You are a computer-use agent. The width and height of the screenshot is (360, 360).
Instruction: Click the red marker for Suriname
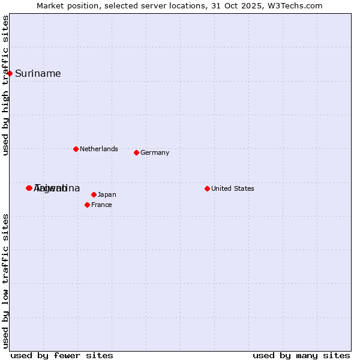tap(10, 73)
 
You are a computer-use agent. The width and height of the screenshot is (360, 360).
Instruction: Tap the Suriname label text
tap(38, 74)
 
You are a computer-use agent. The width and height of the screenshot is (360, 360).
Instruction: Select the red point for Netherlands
tap(76, 149)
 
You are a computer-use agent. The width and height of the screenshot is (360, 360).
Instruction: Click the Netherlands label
tap(98, 149)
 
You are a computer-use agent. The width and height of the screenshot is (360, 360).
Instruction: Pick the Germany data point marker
tap(136, 152)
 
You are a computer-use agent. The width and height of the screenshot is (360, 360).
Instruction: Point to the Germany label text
tap(155, 152)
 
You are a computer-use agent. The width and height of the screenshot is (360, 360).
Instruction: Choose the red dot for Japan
tap(94, 194)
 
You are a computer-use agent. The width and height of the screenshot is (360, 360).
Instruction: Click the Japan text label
tap(107, 194)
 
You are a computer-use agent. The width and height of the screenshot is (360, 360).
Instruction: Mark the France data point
tap(87, 205)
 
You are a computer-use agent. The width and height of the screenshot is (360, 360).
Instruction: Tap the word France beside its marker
tap(101, 205)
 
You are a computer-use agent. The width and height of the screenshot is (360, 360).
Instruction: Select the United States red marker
tap(207, 188)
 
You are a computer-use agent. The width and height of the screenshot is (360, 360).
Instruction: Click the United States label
tap(233, 188)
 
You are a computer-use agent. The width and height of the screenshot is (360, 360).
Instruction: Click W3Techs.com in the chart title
tap(294, 5)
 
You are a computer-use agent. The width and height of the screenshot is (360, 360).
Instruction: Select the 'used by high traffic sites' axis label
tap(6, 85)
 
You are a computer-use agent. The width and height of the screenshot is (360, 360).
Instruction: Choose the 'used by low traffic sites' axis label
tap(6, 280)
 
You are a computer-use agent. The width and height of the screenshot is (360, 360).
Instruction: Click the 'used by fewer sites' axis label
tap(62, 355)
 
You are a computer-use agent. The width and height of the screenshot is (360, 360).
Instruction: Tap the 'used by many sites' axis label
tap(301, 355)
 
